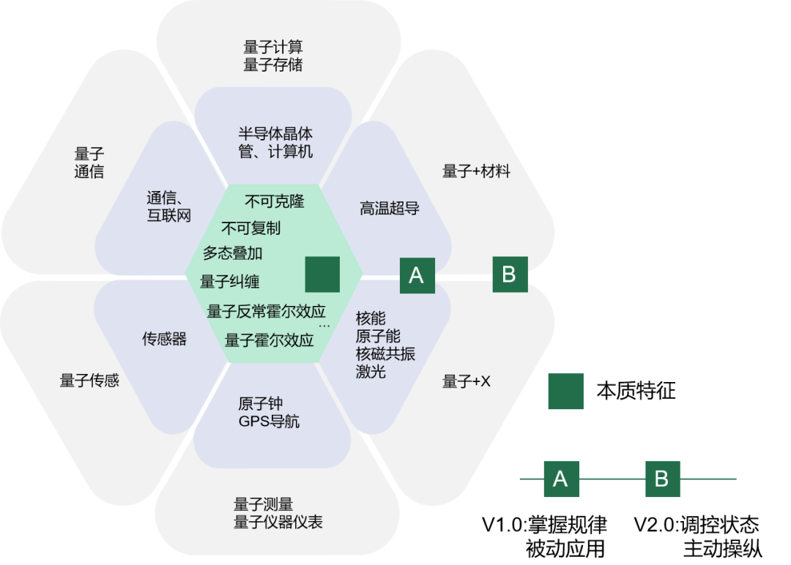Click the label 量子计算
coord(272,48)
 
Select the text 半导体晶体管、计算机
coord(275,143)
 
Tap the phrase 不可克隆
coord(274,201)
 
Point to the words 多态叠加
coord(232,253)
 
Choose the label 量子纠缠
coord(229,282)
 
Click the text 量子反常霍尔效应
coord(265,311)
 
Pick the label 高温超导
coord(389,209)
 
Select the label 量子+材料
coord(476,171)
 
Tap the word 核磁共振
coord(385,354)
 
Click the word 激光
coord(371,372)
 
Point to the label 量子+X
coord(466,381)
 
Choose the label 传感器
coord(164,339)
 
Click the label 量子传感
coord(89,381)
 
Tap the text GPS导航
coord(268,422)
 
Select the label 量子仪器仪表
coord(278,522)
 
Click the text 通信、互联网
coord(169,206)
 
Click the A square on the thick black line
coord(417,276)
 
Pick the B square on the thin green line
coord(662,479)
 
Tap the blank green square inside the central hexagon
coord(322,274)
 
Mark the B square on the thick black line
coord(510,274)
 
